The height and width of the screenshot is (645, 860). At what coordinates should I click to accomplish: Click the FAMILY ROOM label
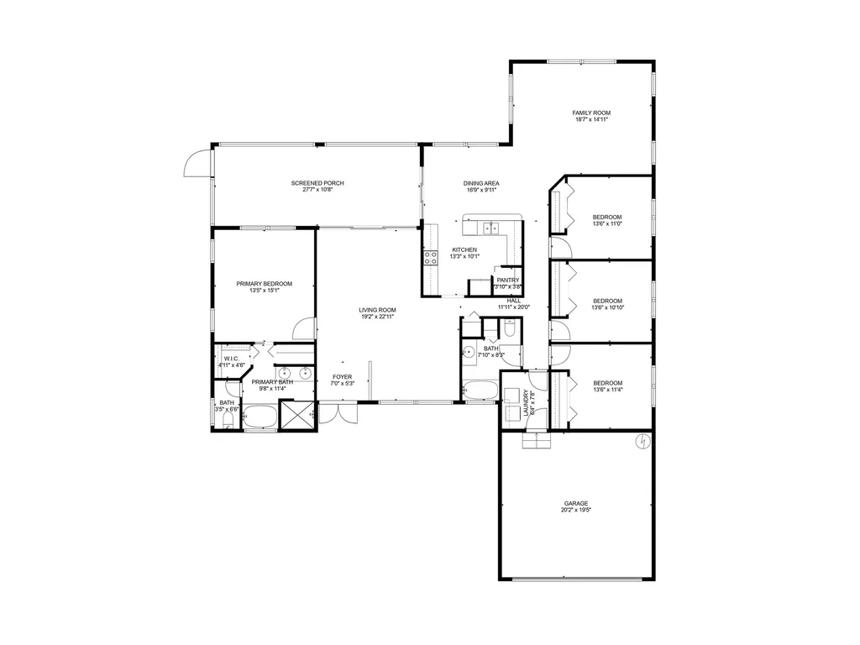tap(591, 113)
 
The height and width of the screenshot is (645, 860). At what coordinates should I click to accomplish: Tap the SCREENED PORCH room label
tap(317, 183)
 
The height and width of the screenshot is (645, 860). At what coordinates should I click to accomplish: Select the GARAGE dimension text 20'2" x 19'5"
tap(575, 511)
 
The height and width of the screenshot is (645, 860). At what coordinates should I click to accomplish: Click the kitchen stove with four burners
tap(431, 258)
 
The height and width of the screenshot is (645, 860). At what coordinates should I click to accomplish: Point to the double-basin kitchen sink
tap(491, 227)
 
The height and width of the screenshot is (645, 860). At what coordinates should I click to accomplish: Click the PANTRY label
tap(507, 281)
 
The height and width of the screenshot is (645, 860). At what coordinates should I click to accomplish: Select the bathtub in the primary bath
tap(260, 417)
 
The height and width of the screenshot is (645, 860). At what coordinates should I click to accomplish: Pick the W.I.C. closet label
tap(232, 359)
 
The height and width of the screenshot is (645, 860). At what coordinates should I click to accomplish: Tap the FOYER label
tap(342, 377)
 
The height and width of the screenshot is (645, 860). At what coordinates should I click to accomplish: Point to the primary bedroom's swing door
tap(307, 329)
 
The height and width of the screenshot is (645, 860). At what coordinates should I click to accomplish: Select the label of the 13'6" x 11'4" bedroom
tap(607, 382)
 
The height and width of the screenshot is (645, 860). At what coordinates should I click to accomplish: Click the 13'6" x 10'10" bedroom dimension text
tap(607, 308)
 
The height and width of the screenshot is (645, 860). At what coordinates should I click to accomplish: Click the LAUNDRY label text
tap(527, 403)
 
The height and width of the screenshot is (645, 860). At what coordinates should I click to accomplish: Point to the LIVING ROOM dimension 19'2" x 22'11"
tap(377, 317)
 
